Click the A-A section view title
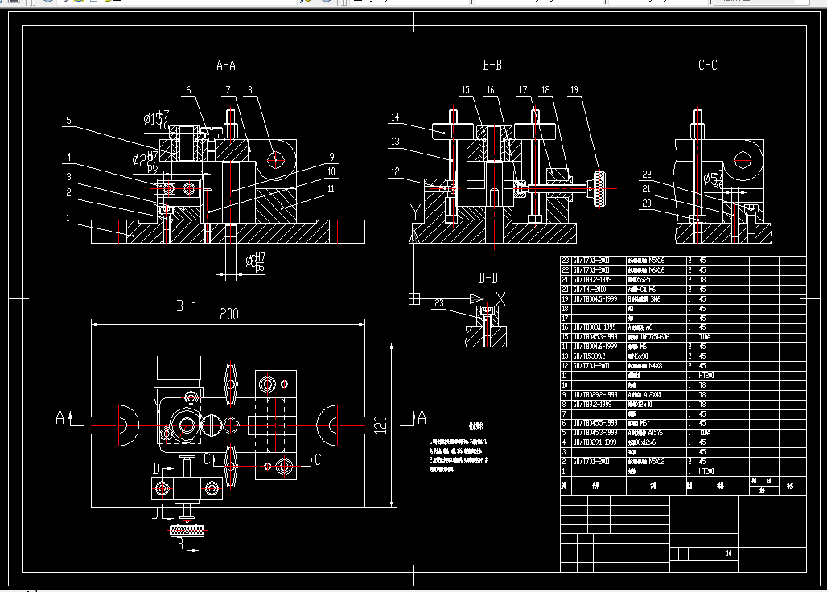tap(226, 64)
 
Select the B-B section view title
tap(492, 64)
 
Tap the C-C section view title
tap(707, 65)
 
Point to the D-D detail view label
tap(488, 278)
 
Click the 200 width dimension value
tap(229, 314)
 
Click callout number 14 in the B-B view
tap(395, 117)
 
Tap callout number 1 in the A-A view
tap(68, 217)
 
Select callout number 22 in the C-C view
tap(647, 174)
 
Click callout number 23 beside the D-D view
tap(438, 302)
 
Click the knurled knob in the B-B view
tap(599, 188)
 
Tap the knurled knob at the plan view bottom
tap(187, 530)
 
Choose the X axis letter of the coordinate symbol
tap(500, 298)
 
